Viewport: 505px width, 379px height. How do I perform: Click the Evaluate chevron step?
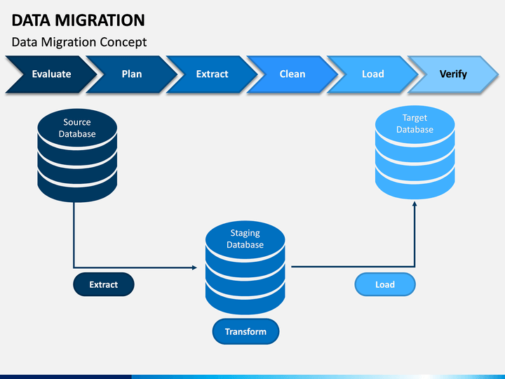pyautogui.click(x=51, y=74)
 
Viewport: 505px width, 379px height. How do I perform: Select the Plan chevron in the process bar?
pyautogui.click(x=132, y=74)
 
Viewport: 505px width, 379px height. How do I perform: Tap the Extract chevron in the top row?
pyautogui.click(x=213, y=74)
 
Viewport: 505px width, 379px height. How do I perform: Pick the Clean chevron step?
pyautogui.click(x=292, y=74)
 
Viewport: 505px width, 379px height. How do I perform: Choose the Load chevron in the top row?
pyautogui.click(x=373, y=74)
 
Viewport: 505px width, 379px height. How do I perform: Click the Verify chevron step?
pyautogui.click(x=453, y=74)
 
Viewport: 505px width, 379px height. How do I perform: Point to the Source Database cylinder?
pyautogui.click(x=77, y=155)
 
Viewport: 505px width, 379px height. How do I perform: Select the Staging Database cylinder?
pyautogui.click(x=245, y=267)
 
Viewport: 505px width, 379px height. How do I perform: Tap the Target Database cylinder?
pyautogui.click(x=415, y=152)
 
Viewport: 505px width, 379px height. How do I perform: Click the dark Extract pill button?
pyautogui.click(x=104, y=284)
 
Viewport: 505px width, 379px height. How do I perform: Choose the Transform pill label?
pyautogui.click(x=245, y=331)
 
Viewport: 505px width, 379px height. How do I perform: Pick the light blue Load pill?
pyautogui.click(x=385, y=284)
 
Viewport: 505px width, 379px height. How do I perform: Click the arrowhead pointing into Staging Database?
pyautogui.click(x=194, y=267)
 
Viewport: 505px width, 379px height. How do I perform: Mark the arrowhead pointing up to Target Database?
pyautogui.click(x=415, y=204)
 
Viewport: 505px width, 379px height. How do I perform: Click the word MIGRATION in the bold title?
pyautogui.click(x=100, y=20)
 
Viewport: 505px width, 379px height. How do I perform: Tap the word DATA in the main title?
pyautogui.click(x=31, y=20)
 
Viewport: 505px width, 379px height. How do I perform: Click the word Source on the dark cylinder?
pyautogui.click(x=77, y=122)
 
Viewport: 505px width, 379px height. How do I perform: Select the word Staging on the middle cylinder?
pyautogui.click(x=245, y=233)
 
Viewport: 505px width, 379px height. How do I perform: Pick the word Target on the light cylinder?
pyautogui.click(x=415, y=119)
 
